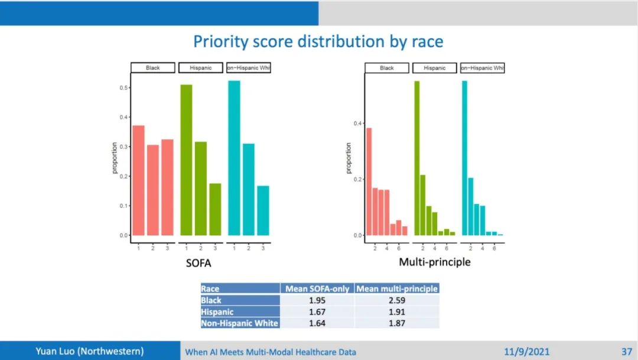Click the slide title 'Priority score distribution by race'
click(x=318, y=41)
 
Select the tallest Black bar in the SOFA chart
click(x=138, y=180)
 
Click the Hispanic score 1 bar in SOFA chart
click(x=186, y=160)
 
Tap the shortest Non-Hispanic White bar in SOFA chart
click(x=263, y=210)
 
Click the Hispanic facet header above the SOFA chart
click(x=201, y=68)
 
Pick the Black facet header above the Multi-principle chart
click(x=387, y=68)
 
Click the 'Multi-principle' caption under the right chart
click(x=435, y=261)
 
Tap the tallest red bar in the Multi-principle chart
click(x=369, y=181)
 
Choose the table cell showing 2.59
click(x=396, y=300)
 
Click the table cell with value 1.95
click(x=317, y=300)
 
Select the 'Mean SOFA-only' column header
click(x=317, y=289)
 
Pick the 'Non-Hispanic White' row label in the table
click(x=240, y=323)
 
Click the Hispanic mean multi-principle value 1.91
click(x=396, y=312)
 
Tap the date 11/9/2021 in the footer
click(x=527, y=352)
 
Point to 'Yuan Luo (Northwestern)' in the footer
click(x=90, y=351)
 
